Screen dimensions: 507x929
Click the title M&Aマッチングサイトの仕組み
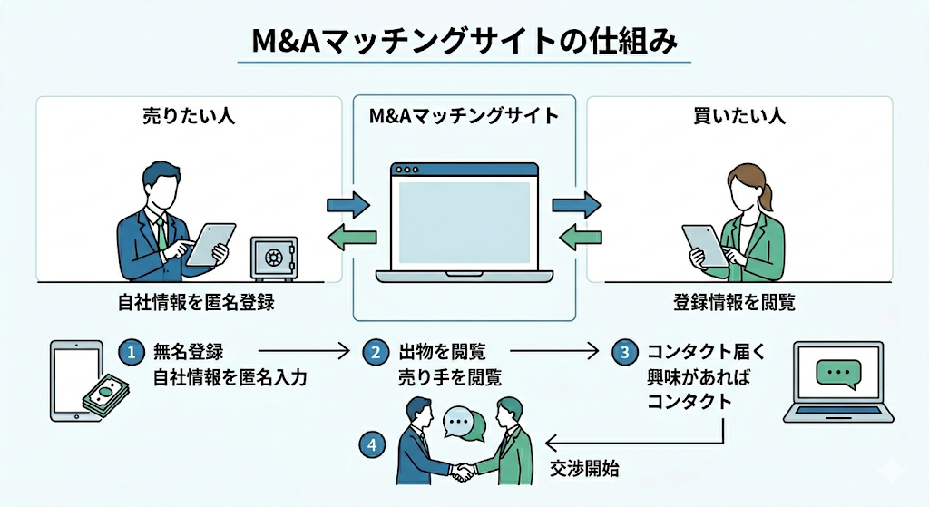(464, 42)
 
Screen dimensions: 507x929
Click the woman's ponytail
(768, 195)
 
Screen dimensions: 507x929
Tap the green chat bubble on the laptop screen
(837, 374)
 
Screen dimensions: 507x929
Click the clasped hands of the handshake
(464, 472)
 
